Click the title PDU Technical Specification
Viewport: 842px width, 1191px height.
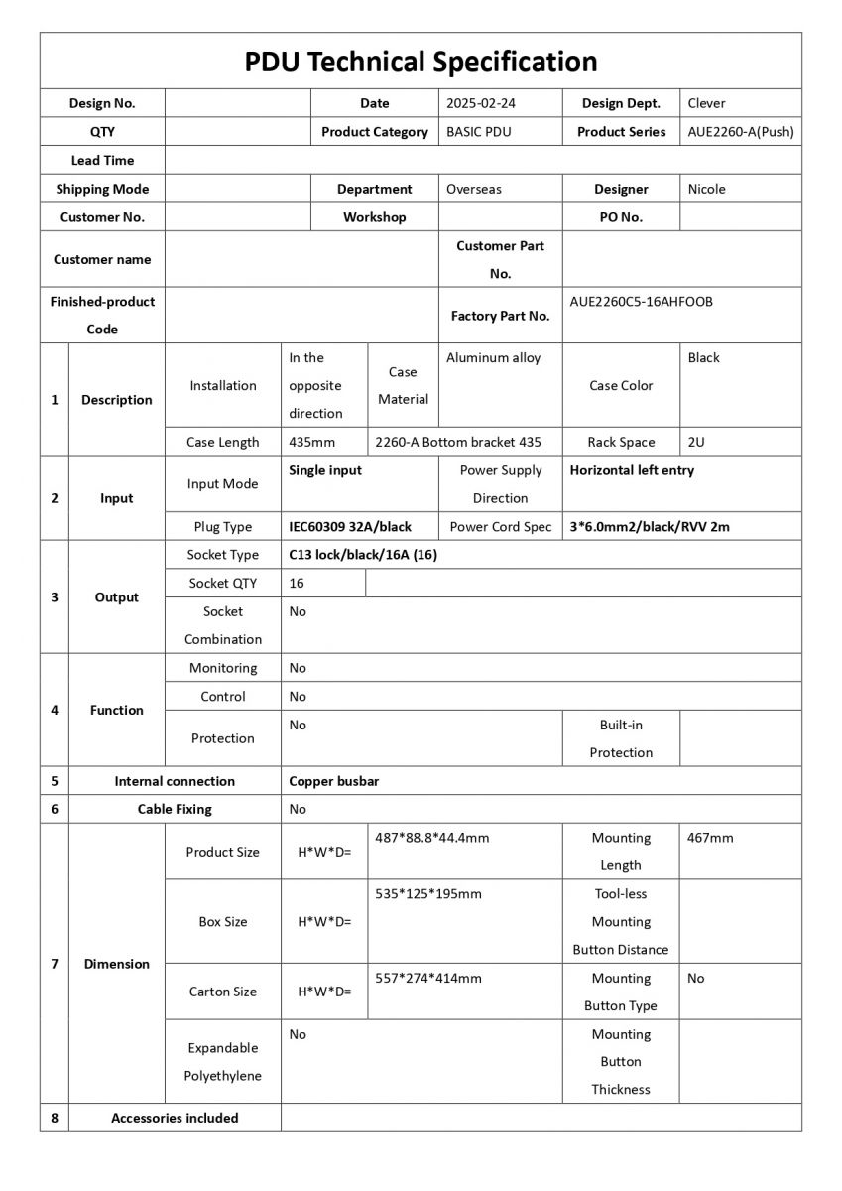pyautogui.click(x=421, y=62)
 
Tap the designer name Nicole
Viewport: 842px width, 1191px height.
pyautogui.click(x=707, y=189)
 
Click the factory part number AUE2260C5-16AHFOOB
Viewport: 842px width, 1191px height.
pyautogui.click(x=641, y=302)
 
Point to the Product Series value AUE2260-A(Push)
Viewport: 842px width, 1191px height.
pyautogui.click(x=741, y=132)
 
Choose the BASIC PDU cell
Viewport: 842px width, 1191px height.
pyautogui.click(x=479, y=132)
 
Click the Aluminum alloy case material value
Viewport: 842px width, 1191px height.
pyautogui.click(x=493, y=358)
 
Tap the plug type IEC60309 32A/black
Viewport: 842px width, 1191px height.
pyautogui.click(x=350, y=527)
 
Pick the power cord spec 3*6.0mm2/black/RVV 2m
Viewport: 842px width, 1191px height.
pyautogui.click(x=650, y=527)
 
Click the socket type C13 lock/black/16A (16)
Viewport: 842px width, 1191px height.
pyautogui.click(x=363, y=555)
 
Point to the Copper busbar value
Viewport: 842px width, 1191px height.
pyautogui.click(x=334, y=781)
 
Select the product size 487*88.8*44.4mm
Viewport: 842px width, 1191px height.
pyautogui.click(x=432, y=838)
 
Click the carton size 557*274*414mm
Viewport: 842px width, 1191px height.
pyautogui.click(x=428, y=979)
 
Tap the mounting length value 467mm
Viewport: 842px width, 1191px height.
pyautogui.click(x=710, y=838)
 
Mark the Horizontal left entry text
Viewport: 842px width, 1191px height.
pyautogui.click(x=632, y=470)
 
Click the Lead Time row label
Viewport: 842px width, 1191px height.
pyautogui.click(x=102, y=160)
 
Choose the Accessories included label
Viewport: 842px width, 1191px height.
pyautogui.click(x=175, y=1118)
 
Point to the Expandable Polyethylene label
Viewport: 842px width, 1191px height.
pyautogui.click(x=222, y=1062)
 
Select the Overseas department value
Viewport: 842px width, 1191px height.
pyautogui.click(x=474, y=189)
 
